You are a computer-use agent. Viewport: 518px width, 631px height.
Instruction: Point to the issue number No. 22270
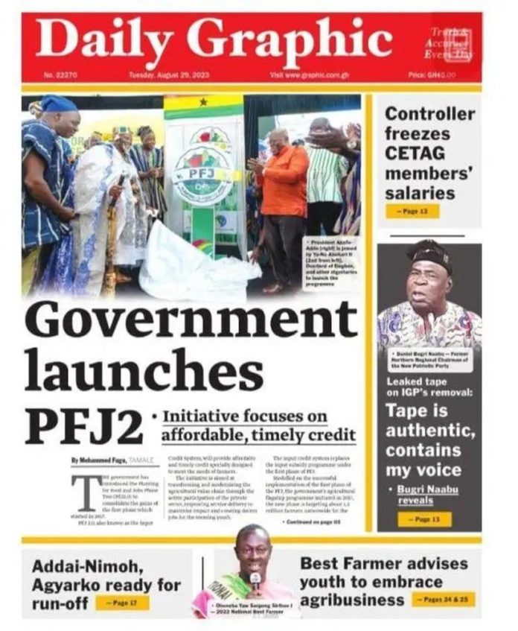pyautogui.click(x=62, y=76)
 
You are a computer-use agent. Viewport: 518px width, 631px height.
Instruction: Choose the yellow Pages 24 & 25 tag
pyautogui.click(x=443, y=600)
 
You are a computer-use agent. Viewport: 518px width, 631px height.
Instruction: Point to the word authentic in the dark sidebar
pyautogui.click(x=429, y=431)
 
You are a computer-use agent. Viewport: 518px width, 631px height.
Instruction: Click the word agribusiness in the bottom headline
pyautogui.click(x=352, y=600)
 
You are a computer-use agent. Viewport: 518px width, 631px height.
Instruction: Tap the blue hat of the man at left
pyautogui.click(x=59, y=104)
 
